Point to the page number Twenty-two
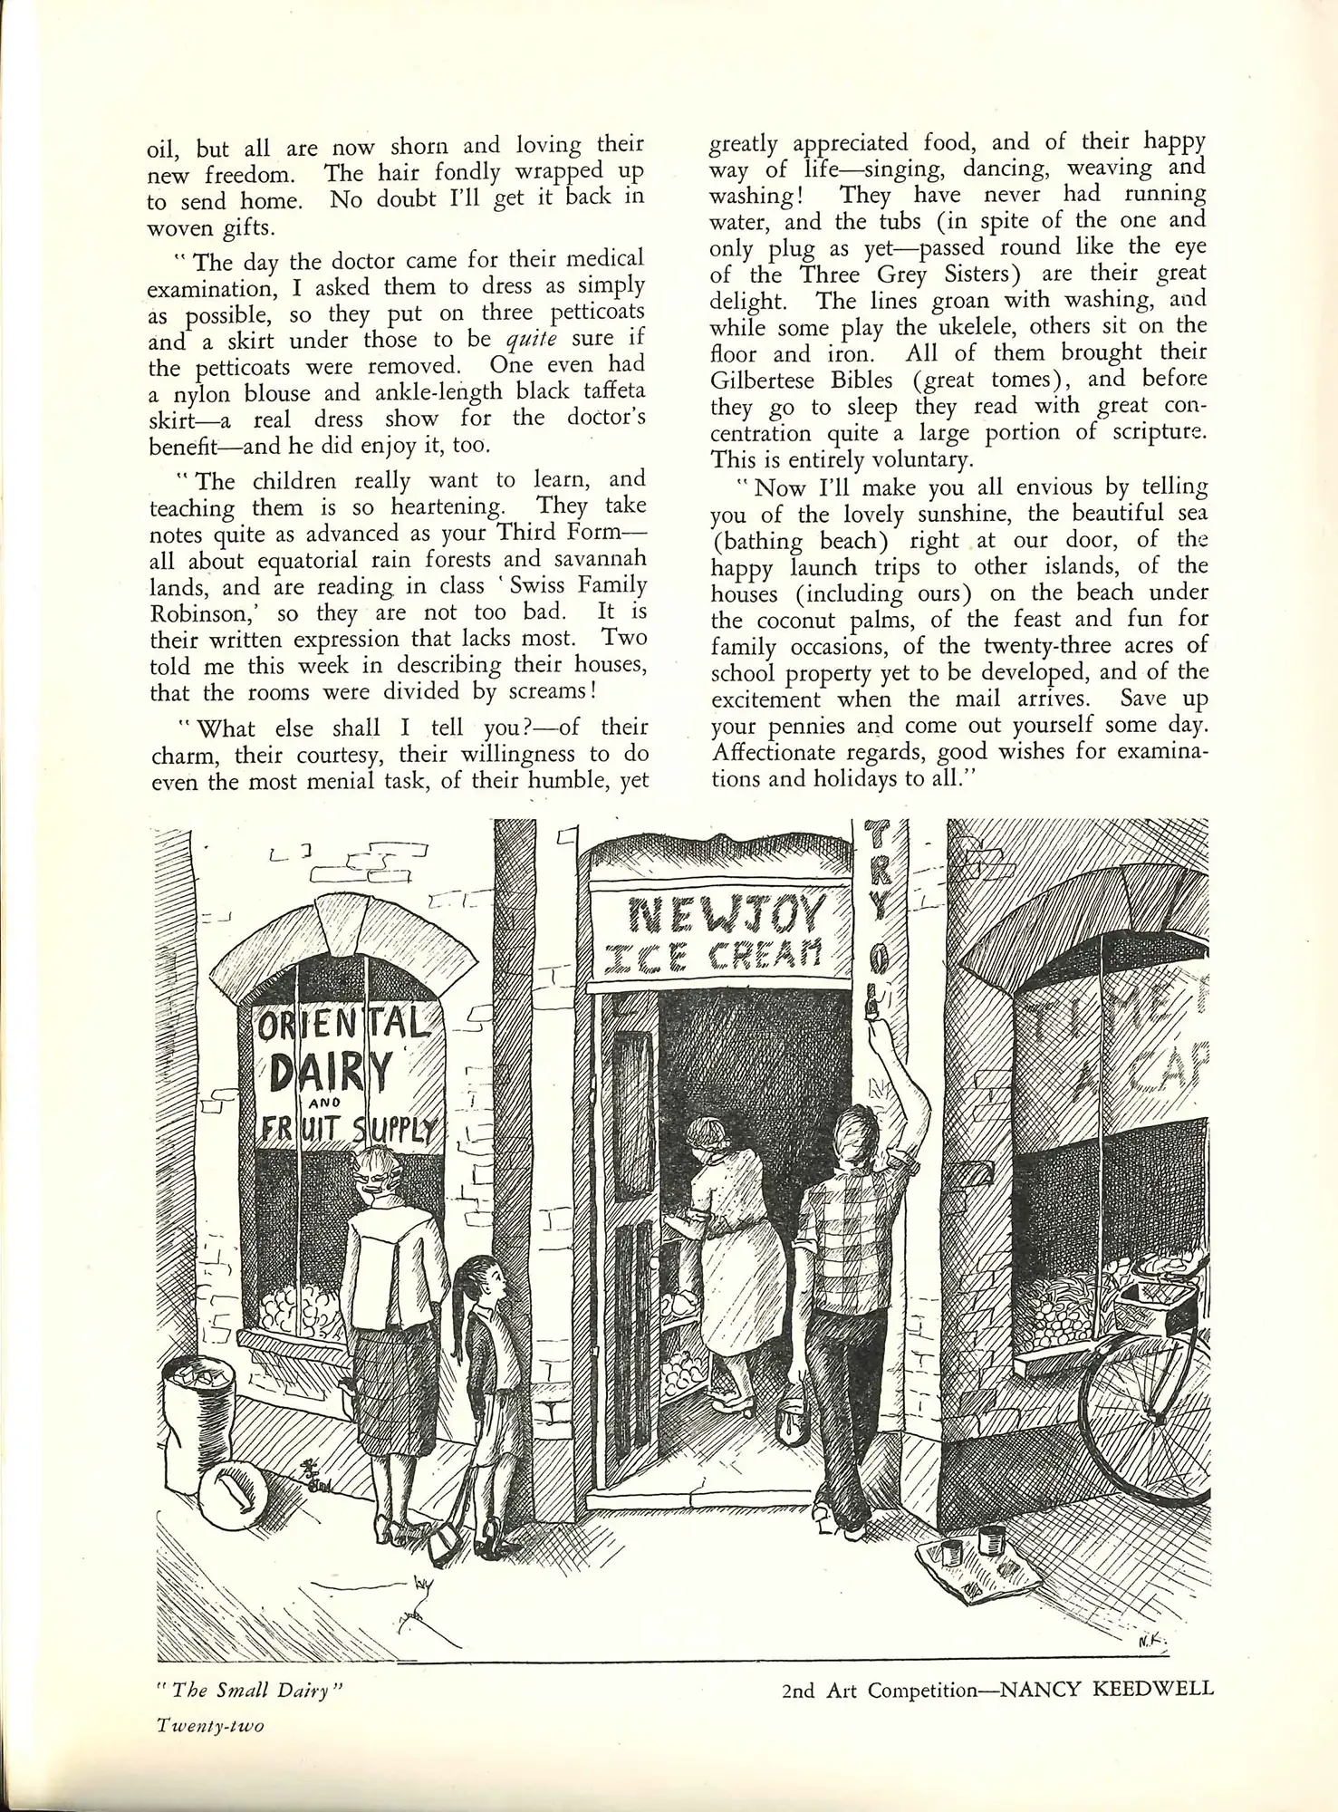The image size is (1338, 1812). (210, 1726)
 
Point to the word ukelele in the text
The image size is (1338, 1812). (972, 326)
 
